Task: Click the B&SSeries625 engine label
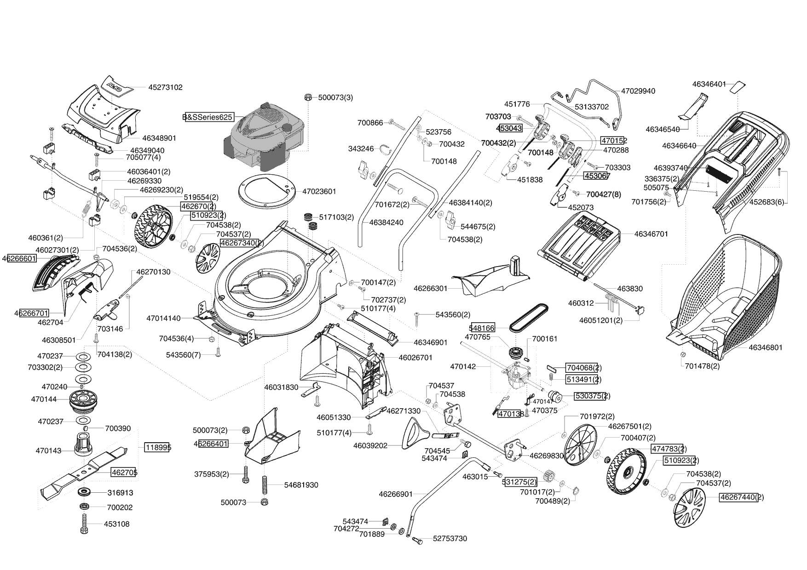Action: tap(208, 117)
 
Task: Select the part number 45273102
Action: tap(165, 87)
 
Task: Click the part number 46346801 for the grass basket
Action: tap(765, 348)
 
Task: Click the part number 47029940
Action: tap(638, 91)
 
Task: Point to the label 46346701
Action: tap(651, 234)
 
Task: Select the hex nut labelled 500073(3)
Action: tap(309, 97)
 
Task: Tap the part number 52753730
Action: tap(450, 539)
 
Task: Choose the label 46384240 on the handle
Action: tap(386, 222)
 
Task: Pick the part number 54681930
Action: tap(301, 485)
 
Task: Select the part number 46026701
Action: tap(415, 357)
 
